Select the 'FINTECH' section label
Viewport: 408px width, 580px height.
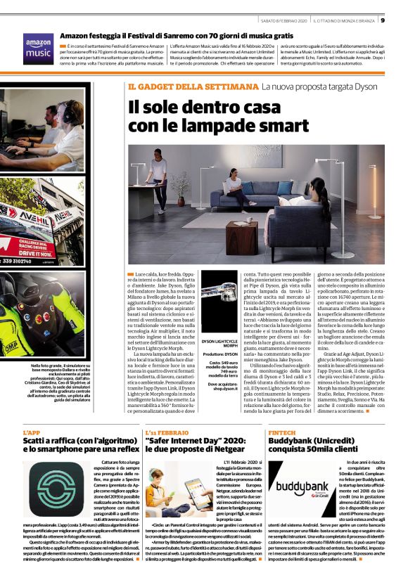(x=281, y=432)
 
